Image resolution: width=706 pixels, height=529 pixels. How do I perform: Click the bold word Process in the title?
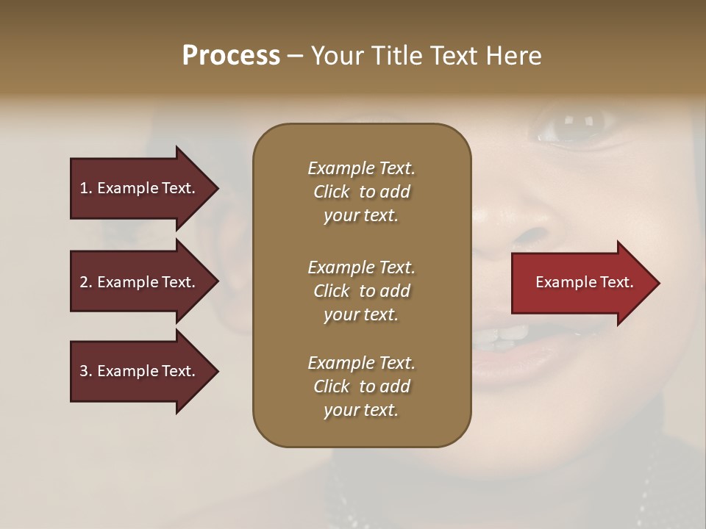[230, 56]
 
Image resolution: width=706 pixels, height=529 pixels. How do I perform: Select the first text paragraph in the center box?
[361, 192]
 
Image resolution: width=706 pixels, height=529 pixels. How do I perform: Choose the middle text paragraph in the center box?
[361, 290]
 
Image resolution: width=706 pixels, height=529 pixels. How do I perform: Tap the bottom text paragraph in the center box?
[361, 386]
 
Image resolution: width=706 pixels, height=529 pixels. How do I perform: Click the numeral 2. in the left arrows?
[86, 282]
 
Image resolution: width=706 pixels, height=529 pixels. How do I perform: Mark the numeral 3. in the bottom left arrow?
[86, 371]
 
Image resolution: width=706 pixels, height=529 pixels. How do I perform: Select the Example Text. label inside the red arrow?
[584, 282]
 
